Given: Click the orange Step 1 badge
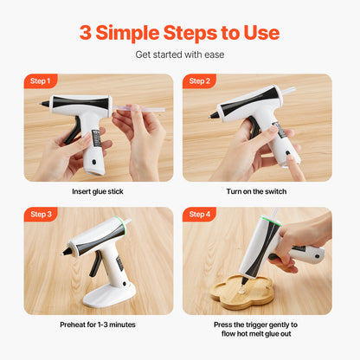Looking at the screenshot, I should pyautogui.click(x=40, y=81).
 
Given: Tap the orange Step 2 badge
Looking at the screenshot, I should pyautogui.click(x=199, y=81).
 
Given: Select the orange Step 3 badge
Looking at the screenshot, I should pyautogui.click(x=40, y=214).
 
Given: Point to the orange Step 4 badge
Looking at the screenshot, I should pyautogui.click(x=199, y=214).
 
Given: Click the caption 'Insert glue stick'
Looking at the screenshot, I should pyautogui.click(x=98, y=191).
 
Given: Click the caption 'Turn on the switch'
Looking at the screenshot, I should pyautogui.click(x=256, y=191).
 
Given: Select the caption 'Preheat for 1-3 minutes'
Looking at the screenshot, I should pyautogui.click(x=98, y=325).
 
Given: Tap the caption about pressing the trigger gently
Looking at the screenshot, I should pyautogui.click(x=257, y=331).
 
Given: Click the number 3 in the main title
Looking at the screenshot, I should pyautogui.click(x=86, y=33).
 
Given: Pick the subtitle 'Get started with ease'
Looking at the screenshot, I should pyautogui.click(x=180, y=55).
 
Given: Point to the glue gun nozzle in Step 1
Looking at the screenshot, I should pyautogui.click(x=44, y=104).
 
